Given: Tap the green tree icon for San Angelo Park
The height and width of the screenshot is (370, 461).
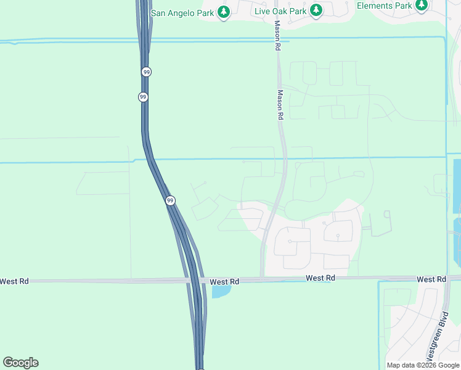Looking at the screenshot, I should [224, 11].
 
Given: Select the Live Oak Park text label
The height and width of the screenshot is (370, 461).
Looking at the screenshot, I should [280, 10].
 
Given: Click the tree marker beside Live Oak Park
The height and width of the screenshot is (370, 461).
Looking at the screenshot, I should [316, 10].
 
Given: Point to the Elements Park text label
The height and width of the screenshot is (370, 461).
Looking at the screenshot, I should [384, 6].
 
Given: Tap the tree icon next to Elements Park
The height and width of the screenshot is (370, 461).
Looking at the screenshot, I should [422, 6].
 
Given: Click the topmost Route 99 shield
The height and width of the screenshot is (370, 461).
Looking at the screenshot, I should [146, 72].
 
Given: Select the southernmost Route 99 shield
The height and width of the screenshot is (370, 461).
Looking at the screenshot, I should [170, 200].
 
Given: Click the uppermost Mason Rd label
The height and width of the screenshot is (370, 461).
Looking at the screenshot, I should [278, 36].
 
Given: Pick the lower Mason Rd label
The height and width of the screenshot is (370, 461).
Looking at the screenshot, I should [280, 105].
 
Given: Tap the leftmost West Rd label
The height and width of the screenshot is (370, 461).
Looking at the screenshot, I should [14, 281].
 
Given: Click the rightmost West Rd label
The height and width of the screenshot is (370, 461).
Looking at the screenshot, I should [431, 279].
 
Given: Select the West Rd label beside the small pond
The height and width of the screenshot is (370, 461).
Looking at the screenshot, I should [224, 282].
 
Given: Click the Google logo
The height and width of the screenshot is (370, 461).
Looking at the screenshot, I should [20, 362].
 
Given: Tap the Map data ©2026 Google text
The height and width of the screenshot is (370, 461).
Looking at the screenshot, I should [423, 365].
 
